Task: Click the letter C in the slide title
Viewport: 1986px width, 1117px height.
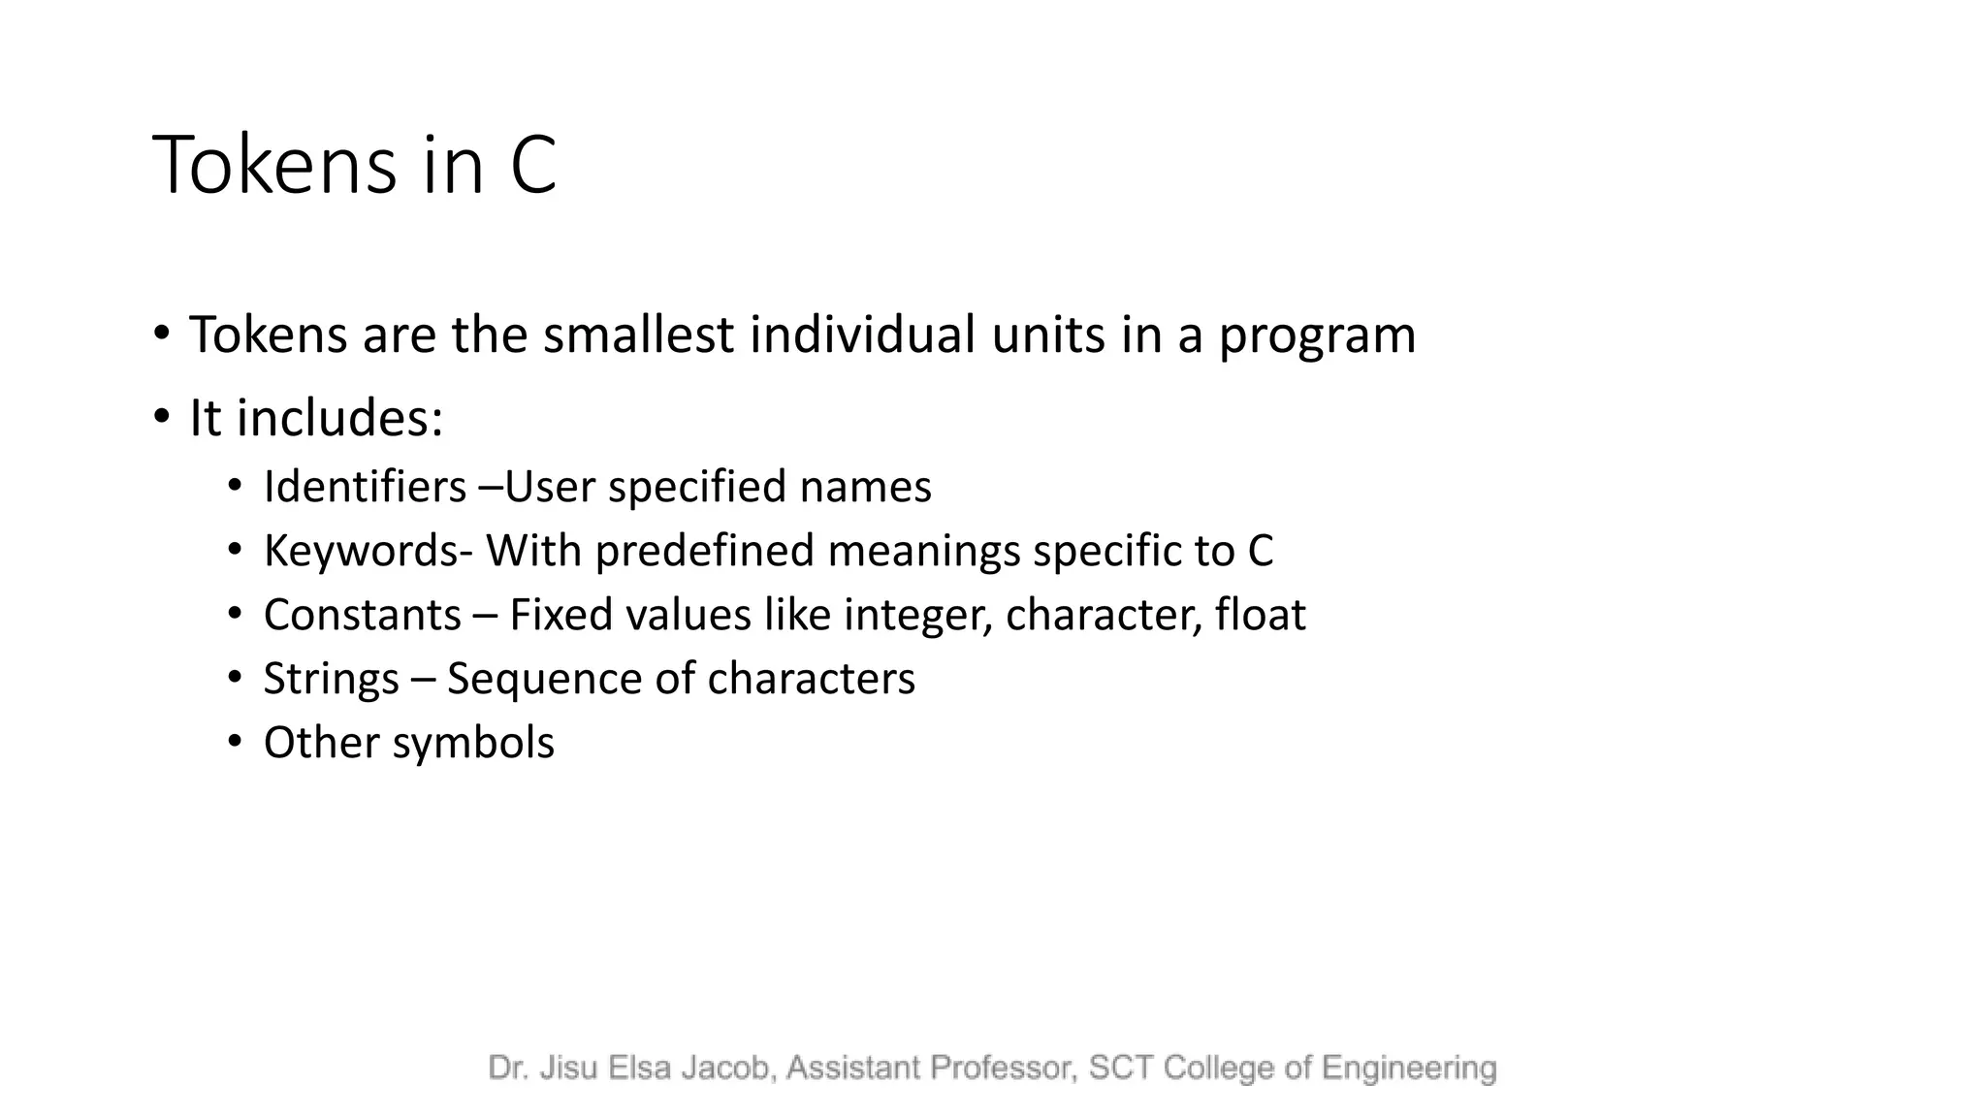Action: (x=533, y=165)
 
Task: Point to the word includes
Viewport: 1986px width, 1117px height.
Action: (x=339, y=418)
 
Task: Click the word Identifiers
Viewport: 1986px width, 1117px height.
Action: (x=365, y=487)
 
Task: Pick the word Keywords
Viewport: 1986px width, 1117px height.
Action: (x=361, y=551)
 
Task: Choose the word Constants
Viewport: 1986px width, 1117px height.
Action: (x=363, y=615)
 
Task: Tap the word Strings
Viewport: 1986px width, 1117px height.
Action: (x=331, y=679)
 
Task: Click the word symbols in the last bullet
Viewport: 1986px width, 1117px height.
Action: (x=473, y=743)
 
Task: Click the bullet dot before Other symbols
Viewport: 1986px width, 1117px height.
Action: (x=234, y=742)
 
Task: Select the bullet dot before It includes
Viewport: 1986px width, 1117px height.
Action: (x=161, y=418)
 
